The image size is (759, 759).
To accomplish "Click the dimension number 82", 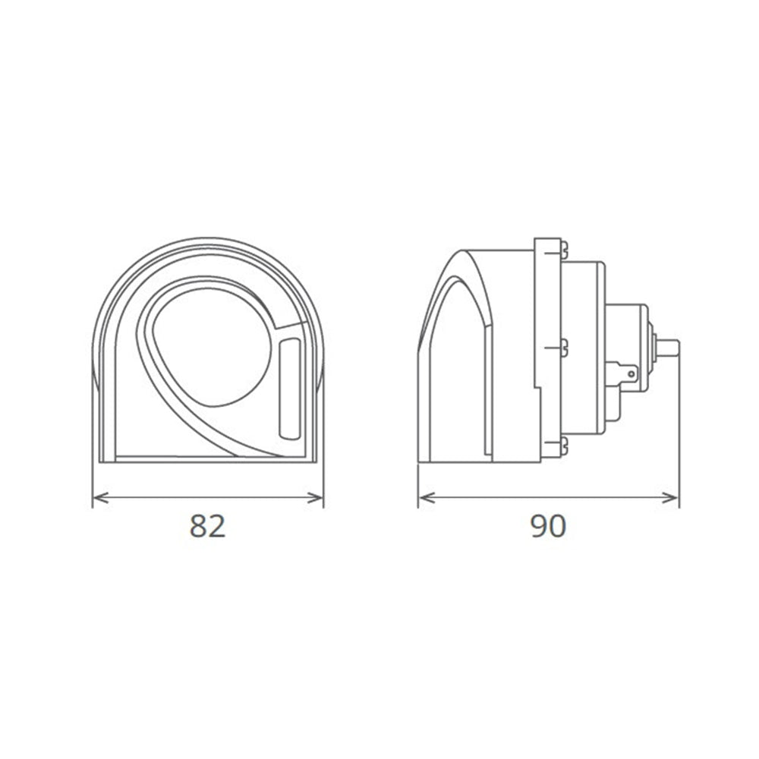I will pos(208,526).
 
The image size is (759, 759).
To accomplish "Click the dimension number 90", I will pos(548,526).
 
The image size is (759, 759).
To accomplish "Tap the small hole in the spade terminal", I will pos(632,373).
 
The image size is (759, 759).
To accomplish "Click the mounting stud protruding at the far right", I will pos(668,348).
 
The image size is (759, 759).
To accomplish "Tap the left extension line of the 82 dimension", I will pos(93,478).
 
